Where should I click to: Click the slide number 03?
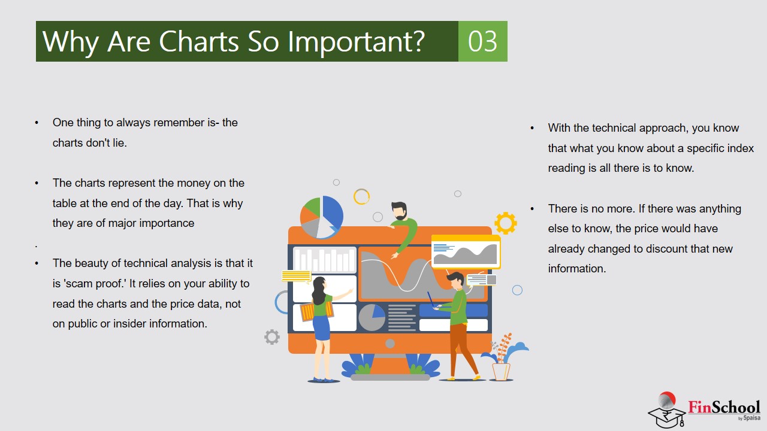tap(482, 41)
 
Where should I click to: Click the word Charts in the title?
tap(199, 41)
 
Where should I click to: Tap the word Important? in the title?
tap(356, 43)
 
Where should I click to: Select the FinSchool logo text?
tap(724, 407)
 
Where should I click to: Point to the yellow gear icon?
tap(506, 223)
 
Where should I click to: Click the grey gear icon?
tap(272, 337)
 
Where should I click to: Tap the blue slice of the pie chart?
tap(331, 211)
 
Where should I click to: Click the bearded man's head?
tap(399, 211)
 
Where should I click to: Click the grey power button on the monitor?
tap(390, 344)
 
